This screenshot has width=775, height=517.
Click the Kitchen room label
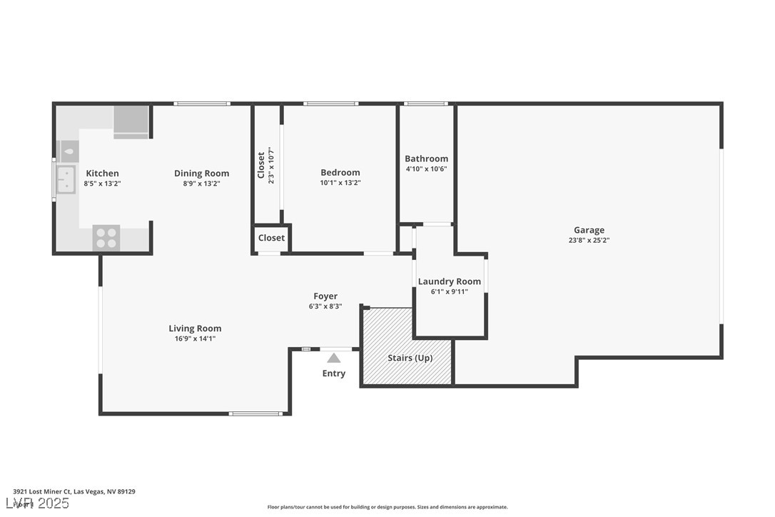[102, 174]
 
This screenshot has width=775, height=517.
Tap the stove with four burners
[106, 237]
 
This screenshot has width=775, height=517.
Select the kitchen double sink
[66, 179]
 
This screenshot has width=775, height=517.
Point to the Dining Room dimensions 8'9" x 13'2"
[201, 184]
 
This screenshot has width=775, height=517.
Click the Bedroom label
[340, 173]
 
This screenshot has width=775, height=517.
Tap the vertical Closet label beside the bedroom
[261, 165]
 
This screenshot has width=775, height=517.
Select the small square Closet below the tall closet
[271, 238]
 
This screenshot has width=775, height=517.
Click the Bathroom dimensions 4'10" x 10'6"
[426, 169]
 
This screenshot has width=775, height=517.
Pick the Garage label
[589, 230]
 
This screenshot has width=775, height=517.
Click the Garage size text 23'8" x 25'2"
[589, 241]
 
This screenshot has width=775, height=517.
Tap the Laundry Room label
[449, 281]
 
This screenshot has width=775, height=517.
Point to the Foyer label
[325, 296]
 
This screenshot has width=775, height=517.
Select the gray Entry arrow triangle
[334, 358]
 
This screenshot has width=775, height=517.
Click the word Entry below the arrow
[334, 373]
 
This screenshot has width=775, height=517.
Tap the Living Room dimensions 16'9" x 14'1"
[195, 339]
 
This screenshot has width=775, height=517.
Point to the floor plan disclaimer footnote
[387, 507]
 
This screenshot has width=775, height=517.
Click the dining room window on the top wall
[203, 104]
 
